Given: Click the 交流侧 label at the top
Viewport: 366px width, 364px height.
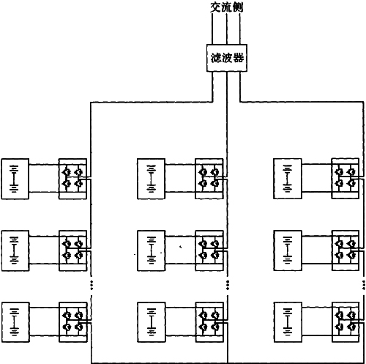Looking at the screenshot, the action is coord(227,7).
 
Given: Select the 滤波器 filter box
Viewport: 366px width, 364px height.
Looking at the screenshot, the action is coord(227,58).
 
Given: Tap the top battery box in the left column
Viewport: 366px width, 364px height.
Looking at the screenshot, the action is coord(15,179).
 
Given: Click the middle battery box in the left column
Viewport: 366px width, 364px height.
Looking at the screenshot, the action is coord(15,250).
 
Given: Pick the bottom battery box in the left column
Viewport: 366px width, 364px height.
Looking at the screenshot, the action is coord(15,322).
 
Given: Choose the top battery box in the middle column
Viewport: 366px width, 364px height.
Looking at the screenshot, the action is coord(152,179).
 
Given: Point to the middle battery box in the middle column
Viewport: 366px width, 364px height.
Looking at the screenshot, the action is coord(152,250).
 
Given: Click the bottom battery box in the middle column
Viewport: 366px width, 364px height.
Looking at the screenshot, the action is coord(152,322).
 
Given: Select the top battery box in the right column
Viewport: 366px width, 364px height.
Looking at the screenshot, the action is coord(288,179).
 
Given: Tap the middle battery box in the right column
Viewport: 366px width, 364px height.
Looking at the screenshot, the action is coord(288,250).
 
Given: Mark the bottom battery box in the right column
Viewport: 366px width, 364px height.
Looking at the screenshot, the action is coord(288,322).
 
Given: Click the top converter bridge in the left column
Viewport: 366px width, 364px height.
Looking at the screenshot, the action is coord(72,179).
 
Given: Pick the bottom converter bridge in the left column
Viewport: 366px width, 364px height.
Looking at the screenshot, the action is coord(72,322).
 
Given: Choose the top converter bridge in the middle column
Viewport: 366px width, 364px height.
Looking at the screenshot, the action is coord(209,179).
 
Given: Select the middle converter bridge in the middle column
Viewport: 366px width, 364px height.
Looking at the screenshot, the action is coord(209,250).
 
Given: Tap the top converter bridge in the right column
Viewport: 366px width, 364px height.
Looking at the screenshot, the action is coord(346,179).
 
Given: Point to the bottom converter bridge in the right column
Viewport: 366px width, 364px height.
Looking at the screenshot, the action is coord(346,322).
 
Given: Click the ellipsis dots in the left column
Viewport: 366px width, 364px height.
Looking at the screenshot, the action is coord(91,285).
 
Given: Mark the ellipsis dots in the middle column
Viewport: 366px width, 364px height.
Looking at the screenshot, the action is coord(228,285).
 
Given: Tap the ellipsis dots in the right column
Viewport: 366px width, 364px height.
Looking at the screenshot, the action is coord(364,285).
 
